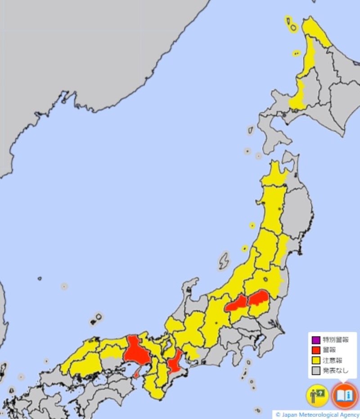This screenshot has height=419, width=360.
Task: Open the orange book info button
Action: click(344, 396)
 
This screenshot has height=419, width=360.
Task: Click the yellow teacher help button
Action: click(317, 396)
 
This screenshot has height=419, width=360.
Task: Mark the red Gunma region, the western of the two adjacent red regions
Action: click(237, 304)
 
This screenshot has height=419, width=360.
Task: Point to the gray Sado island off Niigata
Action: click(223, 261)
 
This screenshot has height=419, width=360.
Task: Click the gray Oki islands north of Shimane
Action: click(96, 319)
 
